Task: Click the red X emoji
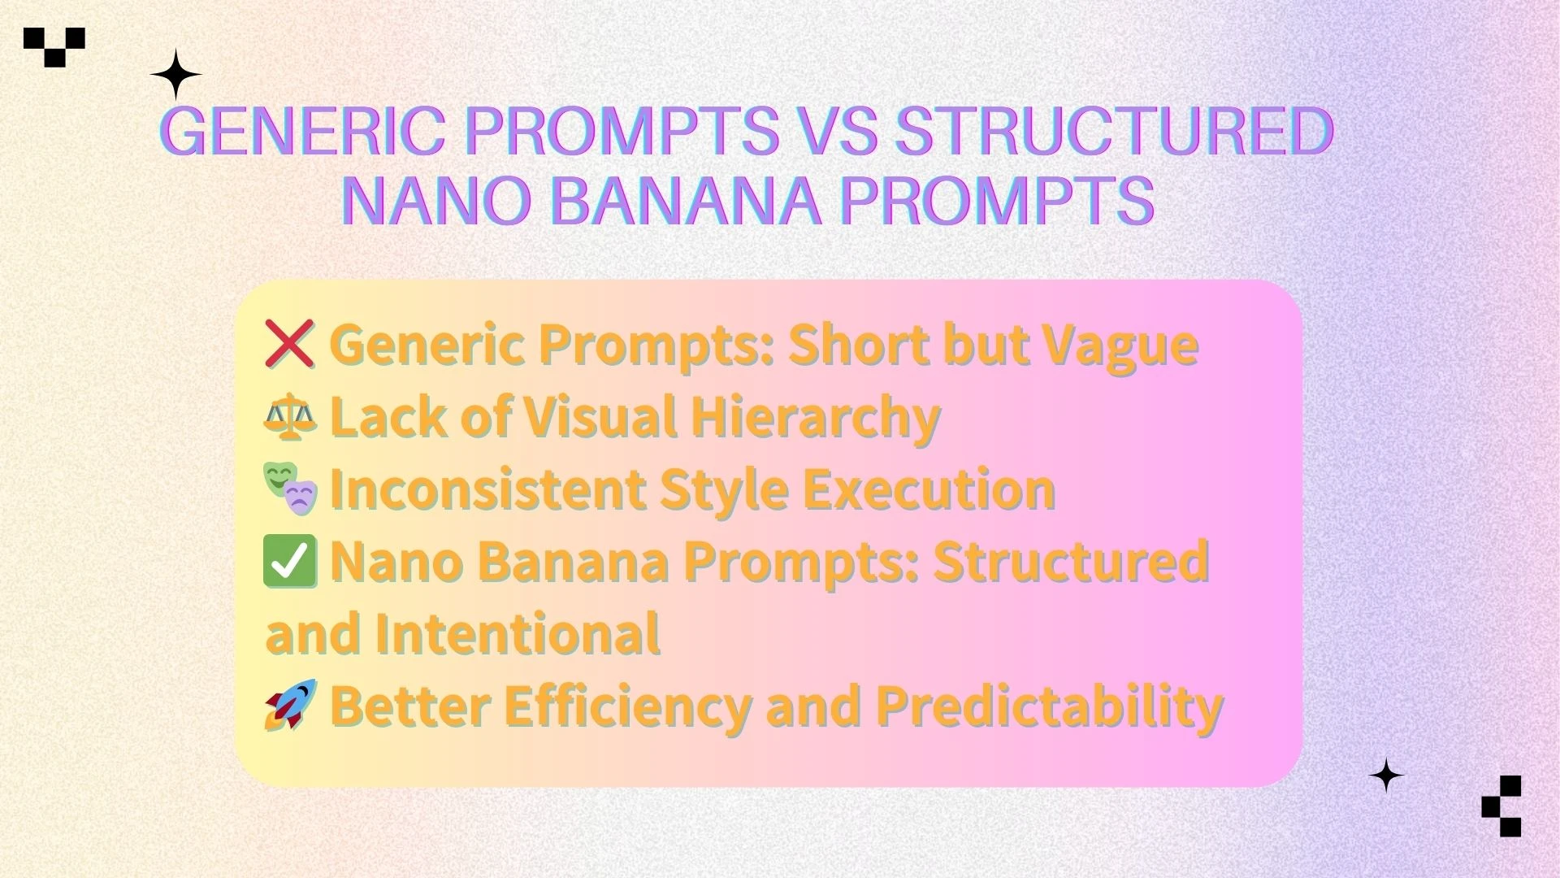click(289, 344)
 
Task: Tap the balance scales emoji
click(290, 416)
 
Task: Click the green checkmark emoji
click(290, 562)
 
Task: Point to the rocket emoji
click(290, 705)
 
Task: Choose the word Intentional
click(517, 633)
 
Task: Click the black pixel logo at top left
click(54, 46)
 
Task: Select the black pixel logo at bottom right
click(1501, 806)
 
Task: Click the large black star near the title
click(175, 75)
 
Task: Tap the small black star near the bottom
click(1386, 776)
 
